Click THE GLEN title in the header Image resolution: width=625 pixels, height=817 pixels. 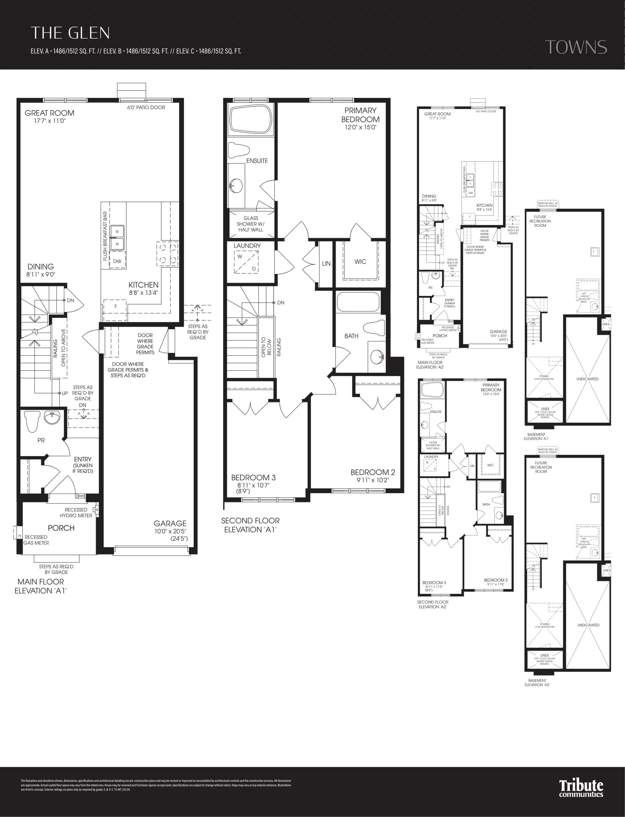[70, 33]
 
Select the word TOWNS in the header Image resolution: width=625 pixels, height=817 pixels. [576, 47]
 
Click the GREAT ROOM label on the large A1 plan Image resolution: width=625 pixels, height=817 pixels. [49, 113]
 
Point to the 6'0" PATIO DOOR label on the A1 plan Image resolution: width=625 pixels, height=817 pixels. [146, 108]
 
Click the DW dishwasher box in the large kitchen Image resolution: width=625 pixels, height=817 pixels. [117, 261]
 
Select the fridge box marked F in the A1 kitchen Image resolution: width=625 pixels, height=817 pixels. [116, 306]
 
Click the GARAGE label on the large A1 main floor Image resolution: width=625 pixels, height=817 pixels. [170, 523]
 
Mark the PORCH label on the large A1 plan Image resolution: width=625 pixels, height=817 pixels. [61, 528]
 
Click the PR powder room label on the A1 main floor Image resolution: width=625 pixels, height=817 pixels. [41, 440]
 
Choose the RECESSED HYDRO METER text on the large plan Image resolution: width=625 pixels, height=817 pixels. [76, 513]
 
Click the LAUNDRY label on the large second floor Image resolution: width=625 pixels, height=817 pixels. [247, 246]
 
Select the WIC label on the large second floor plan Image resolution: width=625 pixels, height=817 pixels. [360, 262]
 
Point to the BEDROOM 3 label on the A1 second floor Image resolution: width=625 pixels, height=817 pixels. [253, 477]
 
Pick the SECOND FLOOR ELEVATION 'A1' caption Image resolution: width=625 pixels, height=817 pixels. [250, 525]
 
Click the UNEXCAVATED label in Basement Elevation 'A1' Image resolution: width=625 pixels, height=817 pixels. [587, 379]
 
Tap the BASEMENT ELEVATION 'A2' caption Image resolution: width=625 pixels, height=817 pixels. [537, 682]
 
